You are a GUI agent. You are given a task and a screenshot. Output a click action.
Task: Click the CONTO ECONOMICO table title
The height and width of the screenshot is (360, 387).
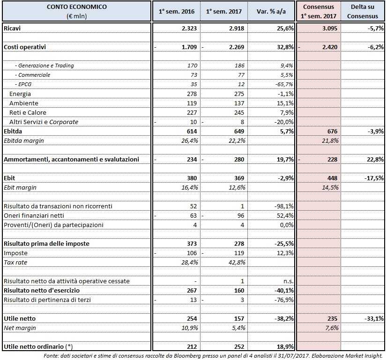(x=77, y=7)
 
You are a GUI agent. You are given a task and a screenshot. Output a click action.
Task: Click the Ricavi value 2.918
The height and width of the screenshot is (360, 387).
(x=232, y=29)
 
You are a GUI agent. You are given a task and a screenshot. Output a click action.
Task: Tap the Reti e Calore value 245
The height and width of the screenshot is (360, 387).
(x=237, y=113)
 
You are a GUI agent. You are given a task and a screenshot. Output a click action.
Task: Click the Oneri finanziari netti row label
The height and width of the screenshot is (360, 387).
(x=34, y=216)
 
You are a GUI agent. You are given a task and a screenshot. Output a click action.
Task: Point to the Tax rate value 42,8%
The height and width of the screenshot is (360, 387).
(x=236, y=263)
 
